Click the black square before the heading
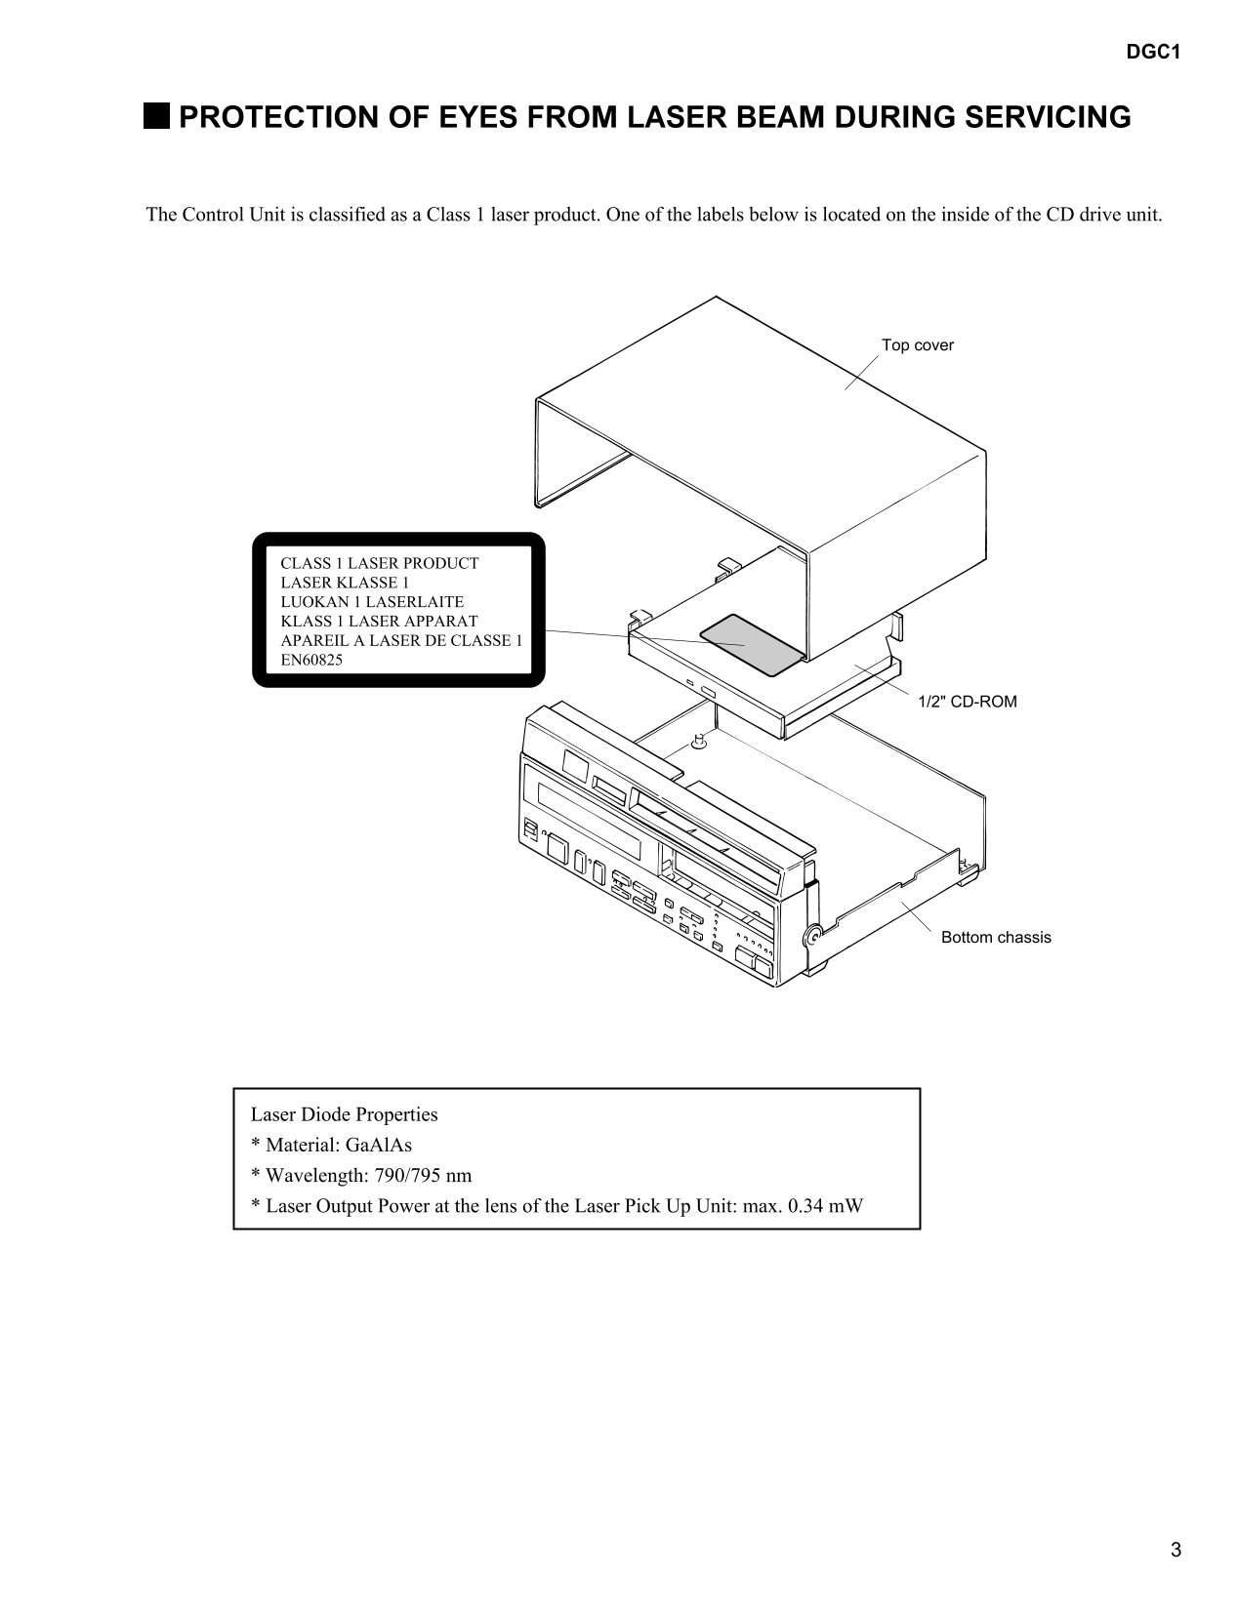pos(155,117)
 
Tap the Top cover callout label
pos(917,345)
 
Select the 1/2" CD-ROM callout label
pos(967,702)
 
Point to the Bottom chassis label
pos(995,938)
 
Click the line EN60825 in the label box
pos(311,660)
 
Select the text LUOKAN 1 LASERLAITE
pos(372,602)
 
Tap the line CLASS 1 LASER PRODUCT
pos(379,564)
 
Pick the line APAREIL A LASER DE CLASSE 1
pos(401,641)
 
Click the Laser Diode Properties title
pos(344,1114)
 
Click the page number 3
pos(1176,1551)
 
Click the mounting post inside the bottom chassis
pos(699,743)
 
